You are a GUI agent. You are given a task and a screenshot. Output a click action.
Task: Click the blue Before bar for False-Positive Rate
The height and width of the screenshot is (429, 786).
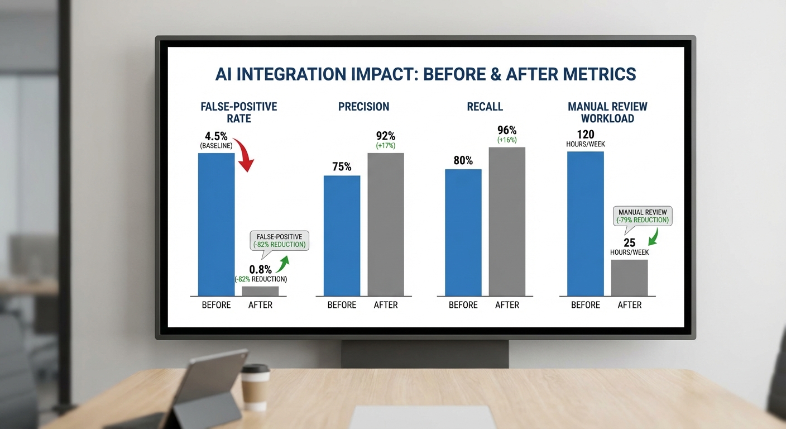(217, 224)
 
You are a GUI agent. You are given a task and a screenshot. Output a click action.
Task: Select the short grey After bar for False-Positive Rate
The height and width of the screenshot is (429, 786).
(260, 291)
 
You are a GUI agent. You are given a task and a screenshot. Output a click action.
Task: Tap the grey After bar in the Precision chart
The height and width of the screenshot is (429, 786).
(386, 224)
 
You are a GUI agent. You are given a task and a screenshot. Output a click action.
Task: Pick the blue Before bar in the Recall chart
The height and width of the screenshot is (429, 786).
(463, 232)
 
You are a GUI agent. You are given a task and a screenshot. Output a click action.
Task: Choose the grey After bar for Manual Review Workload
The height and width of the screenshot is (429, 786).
(630, 278)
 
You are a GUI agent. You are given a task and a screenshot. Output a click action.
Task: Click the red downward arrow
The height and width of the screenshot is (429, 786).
(244, 156)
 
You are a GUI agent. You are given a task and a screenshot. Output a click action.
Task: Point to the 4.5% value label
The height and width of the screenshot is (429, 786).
(217, 136)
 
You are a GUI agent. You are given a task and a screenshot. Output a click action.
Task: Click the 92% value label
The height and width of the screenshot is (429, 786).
(386, 136)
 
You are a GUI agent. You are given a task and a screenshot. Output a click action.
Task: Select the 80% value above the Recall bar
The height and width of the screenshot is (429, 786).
(463, 161)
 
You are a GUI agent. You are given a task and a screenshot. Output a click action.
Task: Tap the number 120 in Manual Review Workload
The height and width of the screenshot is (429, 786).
(585, 134)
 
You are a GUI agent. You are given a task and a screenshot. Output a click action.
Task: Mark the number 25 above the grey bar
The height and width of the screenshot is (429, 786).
(629, 243)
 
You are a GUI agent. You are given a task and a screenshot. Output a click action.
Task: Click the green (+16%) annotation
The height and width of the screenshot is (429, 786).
(507, 140)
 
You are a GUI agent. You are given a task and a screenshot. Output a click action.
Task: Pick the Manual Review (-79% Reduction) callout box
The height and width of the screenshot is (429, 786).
(643, 216)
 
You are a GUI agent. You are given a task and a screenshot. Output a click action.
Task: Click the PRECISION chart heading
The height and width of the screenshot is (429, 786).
(363, 107)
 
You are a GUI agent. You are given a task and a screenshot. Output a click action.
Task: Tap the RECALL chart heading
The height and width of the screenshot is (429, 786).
(485, 107)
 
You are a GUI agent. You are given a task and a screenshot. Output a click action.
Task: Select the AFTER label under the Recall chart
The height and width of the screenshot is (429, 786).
(507, 305)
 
